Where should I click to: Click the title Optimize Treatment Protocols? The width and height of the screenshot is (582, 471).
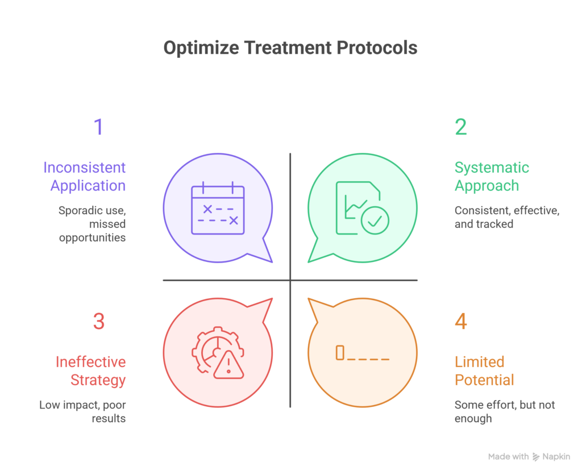pyautogui.click(x=290, y=48)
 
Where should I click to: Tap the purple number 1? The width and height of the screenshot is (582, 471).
pyautogui.click(x=98, y=127)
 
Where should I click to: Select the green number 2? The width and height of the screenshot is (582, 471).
pyautogui.click(x=460, y=127)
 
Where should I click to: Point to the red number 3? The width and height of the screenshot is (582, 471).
pyautogui.click(x=98, y=322)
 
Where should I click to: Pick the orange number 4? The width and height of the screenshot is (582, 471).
pyautogui.click(x=460, y=322)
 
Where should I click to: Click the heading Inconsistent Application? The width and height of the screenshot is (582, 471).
pyautogui.click(x=85, y=177)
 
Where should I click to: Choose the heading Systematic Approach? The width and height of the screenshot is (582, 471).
pyautogui.click(x=491, y=177)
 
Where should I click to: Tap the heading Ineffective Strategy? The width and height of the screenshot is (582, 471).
pyautogui.click(x=91, y=371)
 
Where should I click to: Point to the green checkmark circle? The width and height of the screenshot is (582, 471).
pyautogui.click(x=375, y=220)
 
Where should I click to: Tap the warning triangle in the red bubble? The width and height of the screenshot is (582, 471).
pyautogui.click(x=228, y=364)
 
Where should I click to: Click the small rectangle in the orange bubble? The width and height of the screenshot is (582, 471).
pyautogui.click(x=340, y=353)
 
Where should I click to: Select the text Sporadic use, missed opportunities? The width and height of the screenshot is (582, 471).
pyautogui.click(x=92, y=224)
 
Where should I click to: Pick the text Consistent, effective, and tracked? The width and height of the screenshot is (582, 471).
pyautogui.click(x=507, y=217)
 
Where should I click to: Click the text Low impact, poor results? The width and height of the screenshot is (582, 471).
pyautogui.click(x=83, y=412)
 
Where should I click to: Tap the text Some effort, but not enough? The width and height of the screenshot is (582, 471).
pyautogui.click(x=505, y=412)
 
